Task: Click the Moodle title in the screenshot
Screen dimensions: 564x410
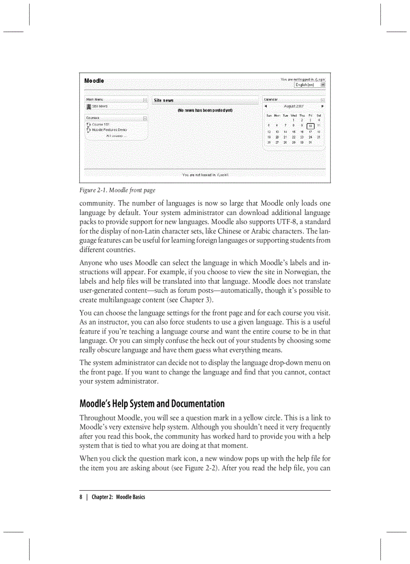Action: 94,81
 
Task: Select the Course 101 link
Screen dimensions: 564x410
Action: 100,124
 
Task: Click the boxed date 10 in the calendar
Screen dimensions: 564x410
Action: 311,126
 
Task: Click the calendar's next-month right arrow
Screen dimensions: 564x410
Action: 323,106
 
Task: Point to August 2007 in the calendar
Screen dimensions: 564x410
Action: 293,106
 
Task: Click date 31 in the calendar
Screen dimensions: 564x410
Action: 310,143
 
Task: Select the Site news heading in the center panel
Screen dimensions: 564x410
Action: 164,100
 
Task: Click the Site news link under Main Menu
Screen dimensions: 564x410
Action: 99,106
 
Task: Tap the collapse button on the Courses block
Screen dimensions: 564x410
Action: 145,119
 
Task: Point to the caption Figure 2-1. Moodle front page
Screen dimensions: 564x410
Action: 117,190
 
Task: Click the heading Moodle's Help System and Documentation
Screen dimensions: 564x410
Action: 152,404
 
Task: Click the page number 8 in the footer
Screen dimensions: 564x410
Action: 80,497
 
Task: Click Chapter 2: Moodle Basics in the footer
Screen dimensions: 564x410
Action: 118,497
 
